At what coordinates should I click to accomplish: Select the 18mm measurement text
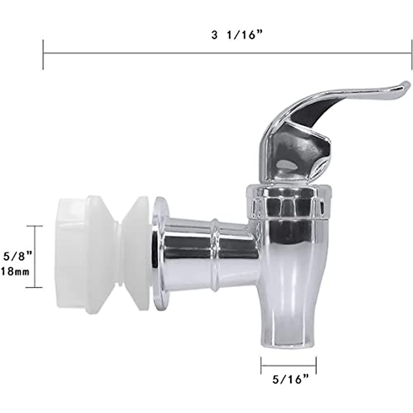click(15, 271)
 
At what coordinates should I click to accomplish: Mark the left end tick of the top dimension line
click(43, 54)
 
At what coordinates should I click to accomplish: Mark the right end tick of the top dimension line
click(411, 54)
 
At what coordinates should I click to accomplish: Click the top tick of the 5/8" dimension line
click(35, 226)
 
